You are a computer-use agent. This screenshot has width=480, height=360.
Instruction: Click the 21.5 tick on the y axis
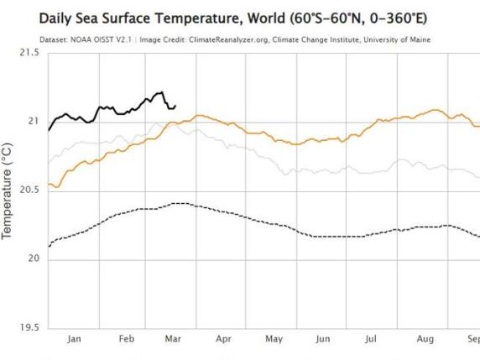[29, 53]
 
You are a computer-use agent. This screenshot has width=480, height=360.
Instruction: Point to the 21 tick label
[34, 122]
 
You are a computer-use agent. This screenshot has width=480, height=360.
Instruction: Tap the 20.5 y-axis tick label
[29, 190]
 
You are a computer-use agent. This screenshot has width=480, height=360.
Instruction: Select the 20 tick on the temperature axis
[34, 258]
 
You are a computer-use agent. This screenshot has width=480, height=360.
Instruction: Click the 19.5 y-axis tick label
[29, 327]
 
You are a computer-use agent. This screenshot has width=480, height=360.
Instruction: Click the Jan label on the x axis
[73, 339]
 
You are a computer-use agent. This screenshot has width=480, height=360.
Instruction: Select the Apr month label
[223, 339]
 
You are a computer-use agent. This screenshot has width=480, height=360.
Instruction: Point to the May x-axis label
[274, 339]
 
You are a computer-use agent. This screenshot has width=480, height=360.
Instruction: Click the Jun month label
[323, 339]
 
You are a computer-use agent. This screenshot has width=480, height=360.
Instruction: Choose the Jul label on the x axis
[373, 339]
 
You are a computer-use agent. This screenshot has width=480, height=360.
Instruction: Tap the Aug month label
[424, 339]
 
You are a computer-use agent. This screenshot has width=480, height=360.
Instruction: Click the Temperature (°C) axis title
[8, 190]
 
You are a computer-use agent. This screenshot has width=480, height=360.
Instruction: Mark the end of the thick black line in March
[175, 107]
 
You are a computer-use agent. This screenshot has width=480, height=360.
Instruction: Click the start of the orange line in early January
[49, 184]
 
